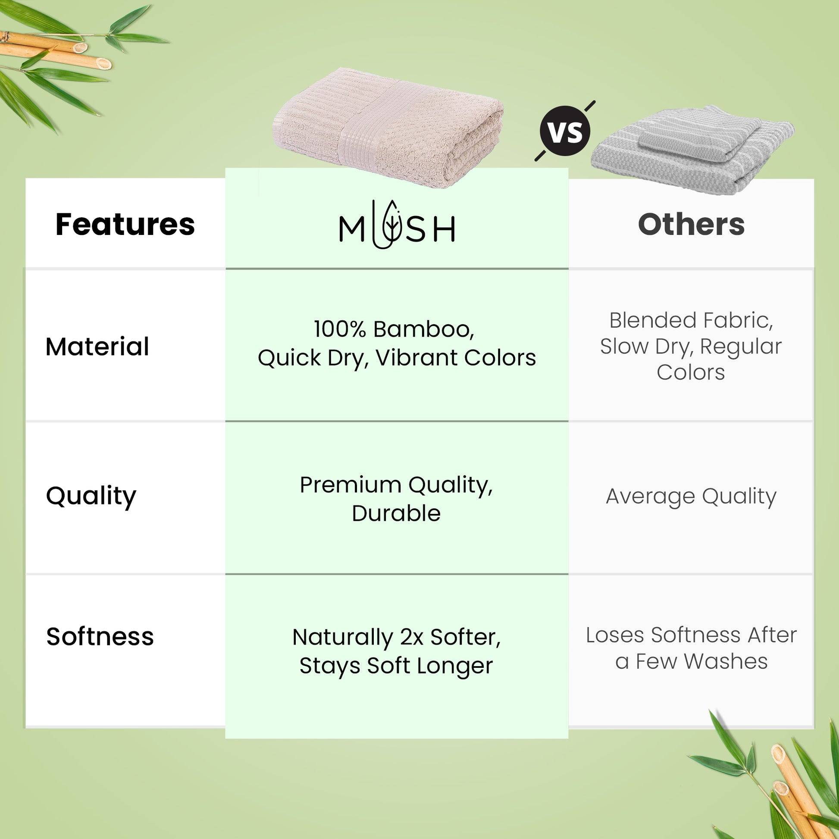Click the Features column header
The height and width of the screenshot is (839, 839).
tap(125, 225)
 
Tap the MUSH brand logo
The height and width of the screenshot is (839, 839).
tap(397, 225)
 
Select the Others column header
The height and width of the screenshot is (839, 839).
tap(692, 225)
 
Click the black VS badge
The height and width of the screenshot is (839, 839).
tap(565, 131)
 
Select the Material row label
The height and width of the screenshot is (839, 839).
tap(97, 347)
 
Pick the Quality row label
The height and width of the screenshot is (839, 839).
tap(91, 496)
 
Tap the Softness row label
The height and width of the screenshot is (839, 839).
tap(100, 637)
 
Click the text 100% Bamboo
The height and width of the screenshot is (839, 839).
tap(394, 329)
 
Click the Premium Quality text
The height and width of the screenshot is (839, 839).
tap(397, 485)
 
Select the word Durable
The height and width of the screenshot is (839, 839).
tap(397, 513)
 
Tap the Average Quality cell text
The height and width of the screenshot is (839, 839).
tap(692, 496)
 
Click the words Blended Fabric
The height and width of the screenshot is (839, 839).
tap(692, 320)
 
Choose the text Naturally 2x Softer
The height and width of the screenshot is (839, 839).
tap(397, 637)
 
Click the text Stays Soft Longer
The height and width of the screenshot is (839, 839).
tap(397, 666)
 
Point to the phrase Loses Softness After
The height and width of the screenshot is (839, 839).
tap(692, 635)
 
